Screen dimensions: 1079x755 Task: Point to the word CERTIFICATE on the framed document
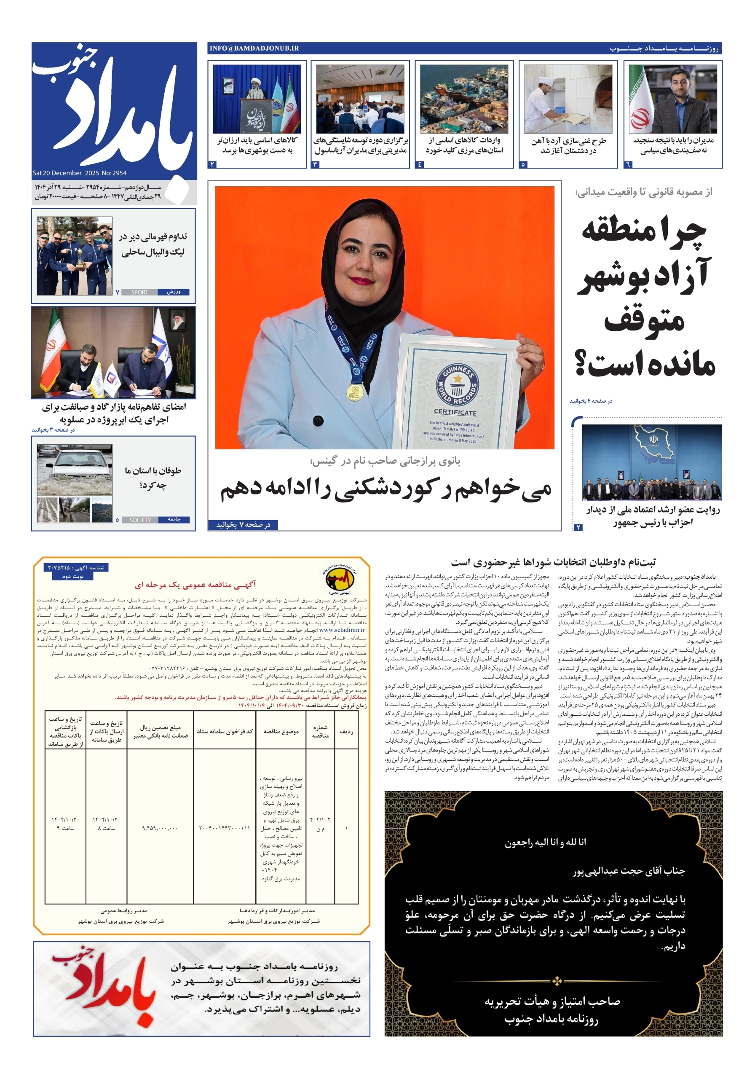pos(455,412)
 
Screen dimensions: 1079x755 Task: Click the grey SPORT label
pos(139,292)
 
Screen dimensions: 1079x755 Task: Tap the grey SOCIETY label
pos(140,520)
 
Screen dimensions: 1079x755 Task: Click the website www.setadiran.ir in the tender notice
pos(342,630)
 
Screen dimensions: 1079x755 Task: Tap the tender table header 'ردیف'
pos(346,732)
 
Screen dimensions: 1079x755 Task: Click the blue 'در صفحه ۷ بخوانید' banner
pos(243,524)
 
